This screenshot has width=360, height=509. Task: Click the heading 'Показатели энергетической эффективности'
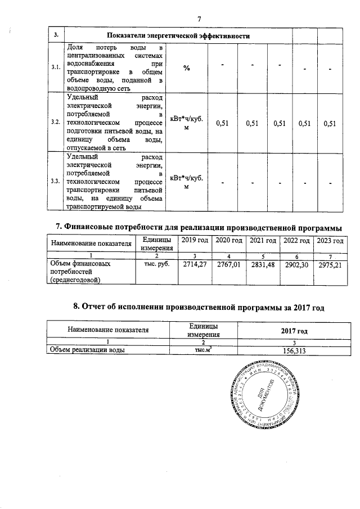click(x=178, y=36)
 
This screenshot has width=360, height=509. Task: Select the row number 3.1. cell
click(x=56, y=68)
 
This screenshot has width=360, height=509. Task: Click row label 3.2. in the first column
click(x=56, y=122)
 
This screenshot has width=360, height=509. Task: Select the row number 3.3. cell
click(x=56, y=181)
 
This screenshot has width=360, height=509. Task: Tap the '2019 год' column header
click(x=192, y=241)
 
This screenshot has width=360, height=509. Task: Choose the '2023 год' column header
click(x=330, y=241)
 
